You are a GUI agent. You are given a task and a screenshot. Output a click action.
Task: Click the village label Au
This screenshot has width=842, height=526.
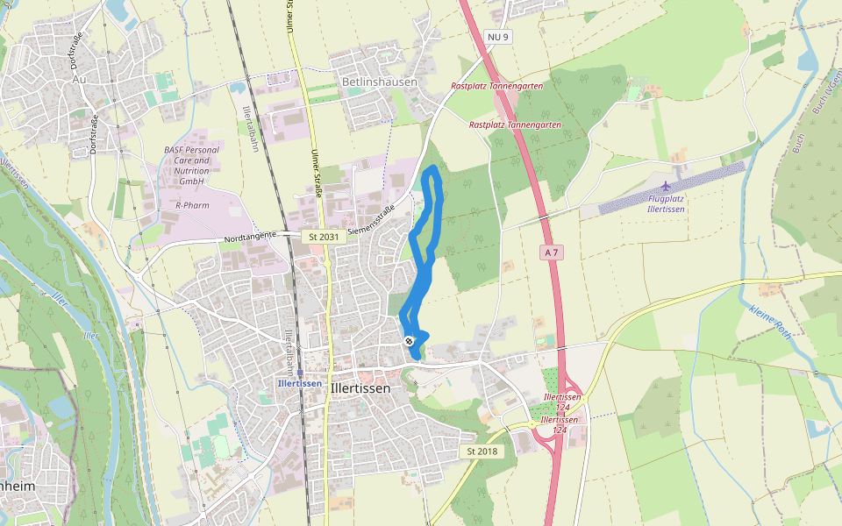click(80, 78)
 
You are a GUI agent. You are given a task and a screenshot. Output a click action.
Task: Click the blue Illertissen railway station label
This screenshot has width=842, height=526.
click(299, 383)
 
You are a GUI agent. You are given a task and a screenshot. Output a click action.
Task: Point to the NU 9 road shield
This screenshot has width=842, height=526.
click(498, 36)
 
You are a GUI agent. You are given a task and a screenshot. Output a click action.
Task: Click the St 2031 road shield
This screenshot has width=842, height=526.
click(322, 237)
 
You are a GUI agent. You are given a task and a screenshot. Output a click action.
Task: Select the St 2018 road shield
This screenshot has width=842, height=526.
click(482, 451)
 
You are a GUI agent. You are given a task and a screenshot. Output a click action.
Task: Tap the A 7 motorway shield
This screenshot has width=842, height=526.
click(551, 252)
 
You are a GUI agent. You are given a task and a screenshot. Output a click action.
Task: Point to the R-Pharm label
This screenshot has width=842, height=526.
click(190, 204)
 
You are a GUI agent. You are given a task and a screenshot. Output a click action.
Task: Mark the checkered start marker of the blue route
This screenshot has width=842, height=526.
click(410, 340)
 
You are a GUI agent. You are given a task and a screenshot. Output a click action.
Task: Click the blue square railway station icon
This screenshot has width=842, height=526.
click(300, 373)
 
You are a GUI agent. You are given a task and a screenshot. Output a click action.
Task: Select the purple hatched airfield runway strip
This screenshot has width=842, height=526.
click(671, 188)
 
